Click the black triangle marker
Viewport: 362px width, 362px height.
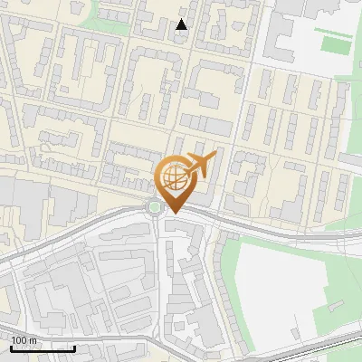182,24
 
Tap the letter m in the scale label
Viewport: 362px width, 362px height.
33,340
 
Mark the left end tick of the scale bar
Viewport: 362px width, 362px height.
11,348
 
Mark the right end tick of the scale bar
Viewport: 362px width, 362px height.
74,348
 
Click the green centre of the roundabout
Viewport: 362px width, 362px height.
155,207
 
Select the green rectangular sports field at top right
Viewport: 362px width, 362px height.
336,43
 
